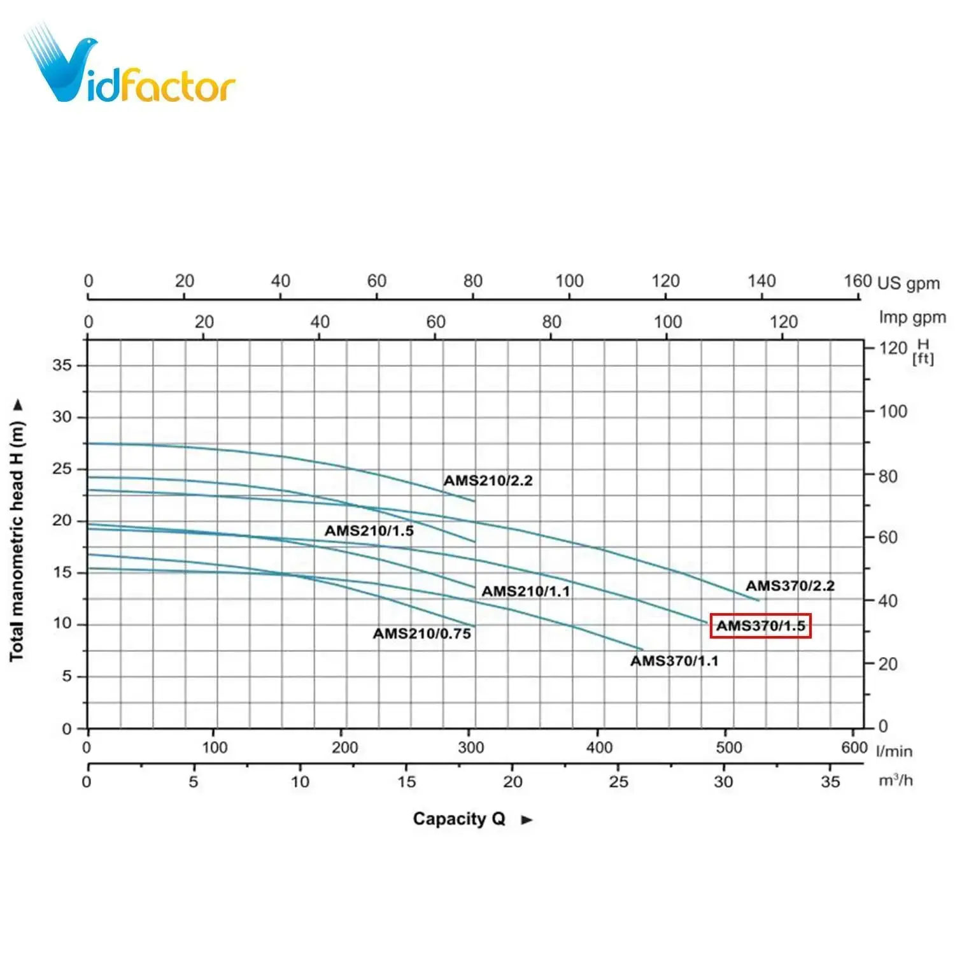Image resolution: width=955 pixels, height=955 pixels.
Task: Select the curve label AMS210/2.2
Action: tap(488, 481)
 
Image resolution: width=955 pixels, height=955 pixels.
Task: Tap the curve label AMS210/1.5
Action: tap(369, 531)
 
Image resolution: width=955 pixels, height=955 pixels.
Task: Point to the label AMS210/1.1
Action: tap(525, 591)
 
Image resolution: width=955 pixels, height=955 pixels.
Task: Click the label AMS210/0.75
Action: tap(422, 634)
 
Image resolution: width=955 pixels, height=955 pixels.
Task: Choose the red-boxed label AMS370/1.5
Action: tap(760, 626)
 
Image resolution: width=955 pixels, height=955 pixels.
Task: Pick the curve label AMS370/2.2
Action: tap(789, 586)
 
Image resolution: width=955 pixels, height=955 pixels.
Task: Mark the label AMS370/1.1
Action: tap(674, 661)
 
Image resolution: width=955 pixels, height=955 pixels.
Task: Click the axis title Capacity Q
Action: tap(458, 819)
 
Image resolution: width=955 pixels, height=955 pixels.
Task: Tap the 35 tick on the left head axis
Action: tap(62, 365)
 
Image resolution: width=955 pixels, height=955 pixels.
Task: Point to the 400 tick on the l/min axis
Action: tap(599, 747)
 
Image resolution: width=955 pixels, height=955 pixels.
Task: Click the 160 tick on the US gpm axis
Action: tap(857, 281)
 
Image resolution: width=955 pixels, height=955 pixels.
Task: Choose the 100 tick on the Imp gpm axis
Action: tap(667, 322)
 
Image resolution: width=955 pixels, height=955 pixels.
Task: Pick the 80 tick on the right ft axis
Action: tap(888, 476)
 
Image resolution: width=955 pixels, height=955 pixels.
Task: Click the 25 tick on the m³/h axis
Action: tap(618, 781)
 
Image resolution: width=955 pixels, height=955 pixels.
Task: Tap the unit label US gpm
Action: tap(909, 283)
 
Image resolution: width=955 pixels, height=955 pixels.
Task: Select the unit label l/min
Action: tap(894, 751)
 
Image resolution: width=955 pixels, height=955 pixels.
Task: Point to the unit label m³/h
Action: tap(895, 781)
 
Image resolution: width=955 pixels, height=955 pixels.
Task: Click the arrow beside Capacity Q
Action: tap(527, 820)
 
